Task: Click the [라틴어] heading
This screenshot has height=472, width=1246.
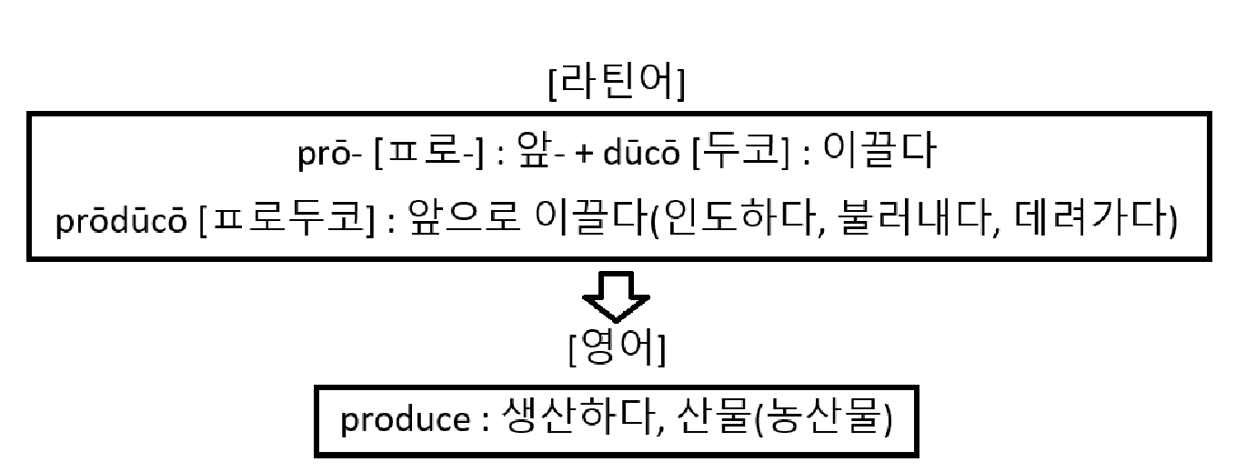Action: point(618,84)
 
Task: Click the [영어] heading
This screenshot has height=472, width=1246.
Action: point(617,349)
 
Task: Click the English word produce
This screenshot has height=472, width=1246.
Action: point(403,421)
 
